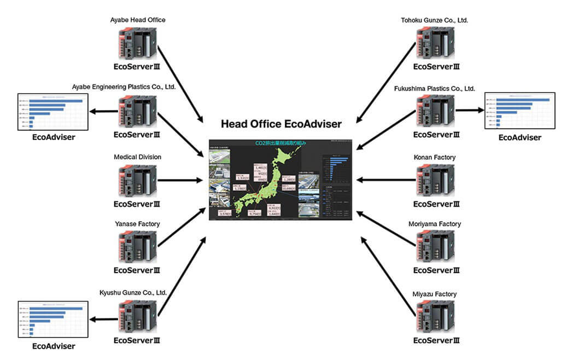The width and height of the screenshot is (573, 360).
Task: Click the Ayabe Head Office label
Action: tap(137, 20)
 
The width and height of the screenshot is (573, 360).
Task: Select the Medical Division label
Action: tap(137, 157)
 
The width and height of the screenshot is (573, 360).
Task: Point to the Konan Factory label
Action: tap(435, 158)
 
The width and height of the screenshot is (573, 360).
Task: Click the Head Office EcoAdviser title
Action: tap(281, 124)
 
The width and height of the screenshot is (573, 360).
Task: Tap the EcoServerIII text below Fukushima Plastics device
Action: tap(436, 135)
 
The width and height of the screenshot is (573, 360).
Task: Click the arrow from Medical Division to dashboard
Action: tap(180, 179)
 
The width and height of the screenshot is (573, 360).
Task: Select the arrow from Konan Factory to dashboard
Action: tap(383, 179)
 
